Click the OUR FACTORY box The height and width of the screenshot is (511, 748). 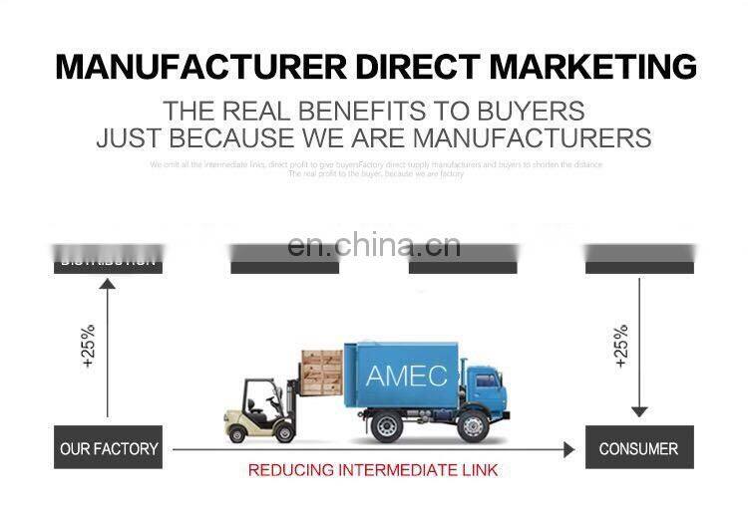click(x=109, y=448)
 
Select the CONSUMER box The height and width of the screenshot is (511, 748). click(x=638, y=448)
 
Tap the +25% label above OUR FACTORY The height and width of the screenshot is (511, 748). click(x=88, y=346)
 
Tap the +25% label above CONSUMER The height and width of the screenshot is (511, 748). click(x=620, y=346)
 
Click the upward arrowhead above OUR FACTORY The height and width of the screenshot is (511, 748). click(x=108, y=286)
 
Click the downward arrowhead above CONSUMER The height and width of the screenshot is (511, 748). click(x=639, y=411)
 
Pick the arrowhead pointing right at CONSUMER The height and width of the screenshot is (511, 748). click(x=568, y=450)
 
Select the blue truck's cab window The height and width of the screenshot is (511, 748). click(x=485, y=380)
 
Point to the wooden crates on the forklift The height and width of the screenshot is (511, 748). click(x=321, y=370)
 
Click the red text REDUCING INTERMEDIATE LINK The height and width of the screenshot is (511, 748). click(x=372, y=470)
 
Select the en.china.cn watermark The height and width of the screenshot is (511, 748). click(x=373, y=245)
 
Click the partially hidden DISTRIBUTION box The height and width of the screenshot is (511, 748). click(x=108, y=262)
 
